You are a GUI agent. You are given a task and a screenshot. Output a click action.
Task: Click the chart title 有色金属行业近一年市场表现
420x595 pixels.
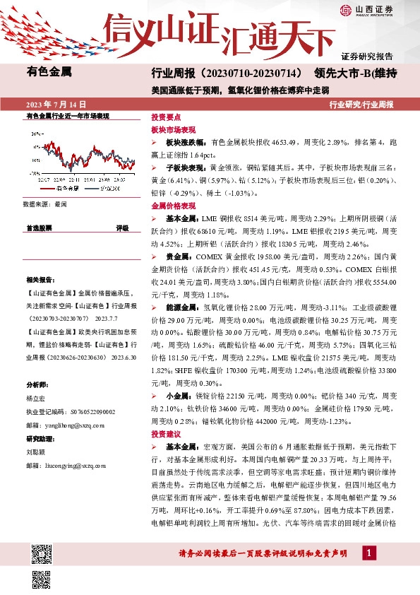click(x=68, y=114)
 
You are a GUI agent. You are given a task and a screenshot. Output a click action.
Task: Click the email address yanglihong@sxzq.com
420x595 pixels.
click(x=74, y=425)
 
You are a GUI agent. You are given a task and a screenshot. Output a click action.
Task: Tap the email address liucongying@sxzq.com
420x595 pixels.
click(x=77, y=466)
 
